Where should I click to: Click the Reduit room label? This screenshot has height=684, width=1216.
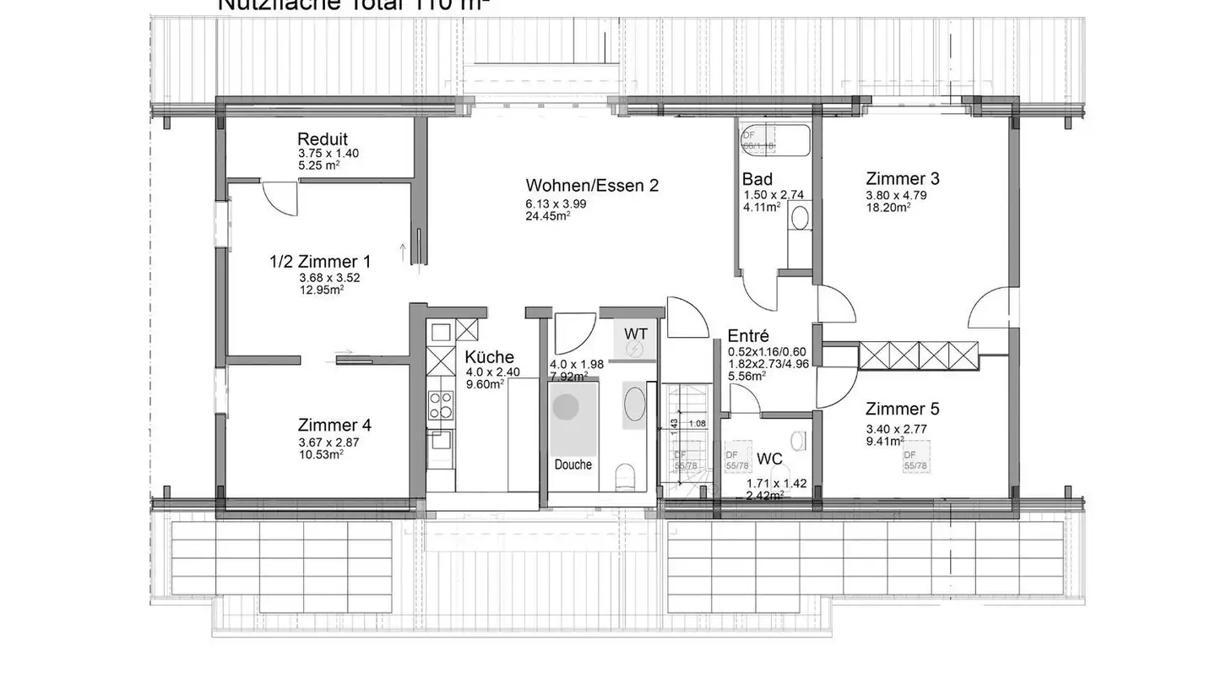pyautogui.click(x=322, y=139)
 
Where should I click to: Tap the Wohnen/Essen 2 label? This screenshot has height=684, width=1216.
pyautogui.click(x=591, y=186)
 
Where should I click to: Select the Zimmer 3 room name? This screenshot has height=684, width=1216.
pyautogui.click(x=902, y=179)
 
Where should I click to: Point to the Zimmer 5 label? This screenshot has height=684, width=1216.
pyautogui.click(x=902, y=410)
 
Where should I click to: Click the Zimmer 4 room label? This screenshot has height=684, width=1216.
pyautogui.click(x=334, y=426)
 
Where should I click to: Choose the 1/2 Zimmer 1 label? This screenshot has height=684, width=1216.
pyautogui.click(x=320, y=262)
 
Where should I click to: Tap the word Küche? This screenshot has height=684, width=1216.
pyautogui.click(x=489, y=357)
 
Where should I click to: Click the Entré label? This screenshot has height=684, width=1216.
pyautogui.click(x=748, y=335)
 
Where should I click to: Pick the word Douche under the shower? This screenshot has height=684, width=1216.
pyautogui.click(x=573, y=464)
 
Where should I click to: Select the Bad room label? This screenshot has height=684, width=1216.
pyautogui.click(x=757, y=180)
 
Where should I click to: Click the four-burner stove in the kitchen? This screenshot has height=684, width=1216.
pyautogui.click(x=440, y=404)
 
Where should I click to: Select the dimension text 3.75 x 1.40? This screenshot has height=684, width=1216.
pyautogui.click(x=328, y=154)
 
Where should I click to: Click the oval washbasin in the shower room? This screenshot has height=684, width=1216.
pyautogui.click(x=634, y=403)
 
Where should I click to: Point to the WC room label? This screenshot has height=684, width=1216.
pyautogui.click(x=769, y=459)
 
